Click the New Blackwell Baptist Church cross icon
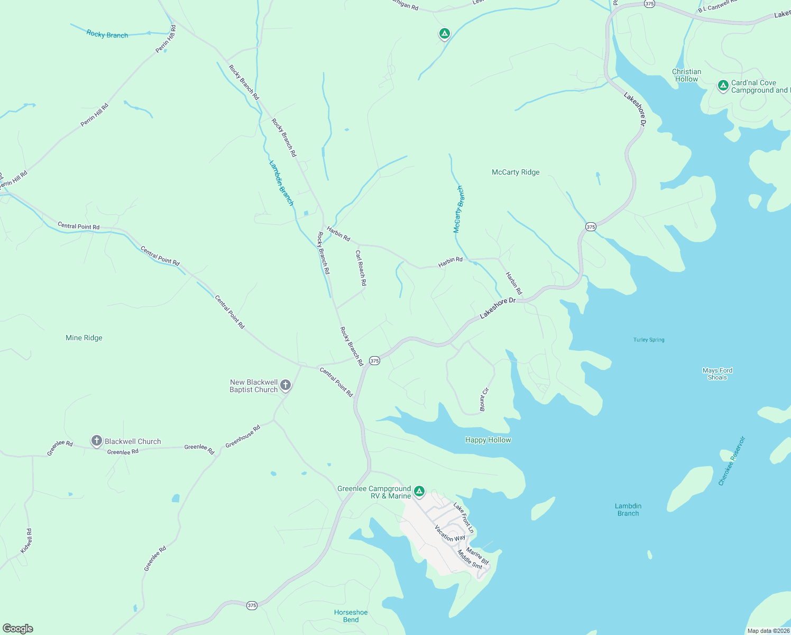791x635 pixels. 286,385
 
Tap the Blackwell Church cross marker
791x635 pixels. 96,440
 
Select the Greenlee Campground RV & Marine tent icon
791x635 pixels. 419,492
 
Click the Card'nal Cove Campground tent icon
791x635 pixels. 723,86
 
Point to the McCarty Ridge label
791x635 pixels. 516,172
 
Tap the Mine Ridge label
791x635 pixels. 84,338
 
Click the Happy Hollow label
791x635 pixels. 488,440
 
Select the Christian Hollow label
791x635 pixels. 686,75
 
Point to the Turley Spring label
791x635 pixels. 649,340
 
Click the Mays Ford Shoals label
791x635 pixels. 718,374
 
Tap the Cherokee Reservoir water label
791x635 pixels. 732,461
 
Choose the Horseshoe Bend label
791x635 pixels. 351,616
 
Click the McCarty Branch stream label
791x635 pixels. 458,209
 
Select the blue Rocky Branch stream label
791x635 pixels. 107,34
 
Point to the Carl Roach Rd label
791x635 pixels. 361,268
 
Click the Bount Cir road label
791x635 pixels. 484,400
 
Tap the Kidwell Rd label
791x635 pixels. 26,541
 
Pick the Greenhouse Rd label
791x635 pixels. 243,437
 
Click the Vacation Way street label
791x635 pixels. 449,533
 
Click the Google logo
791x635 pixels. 17,629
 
